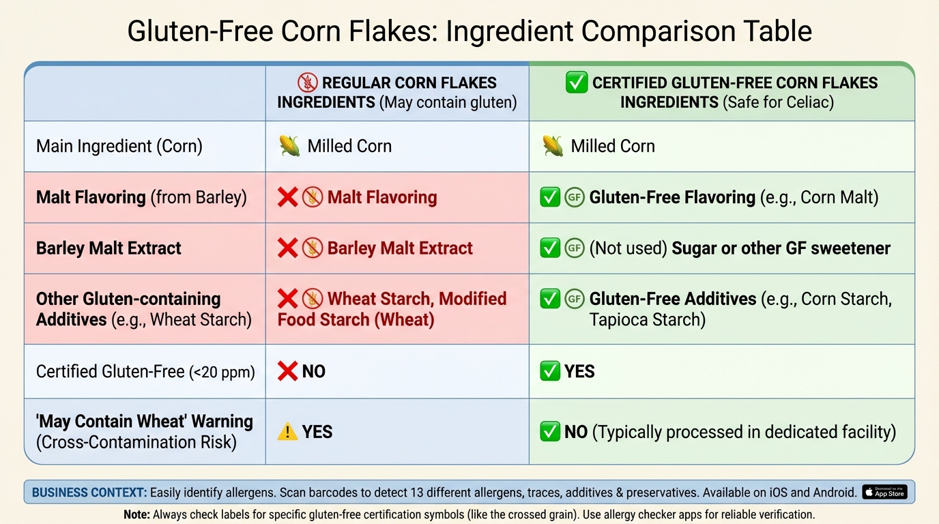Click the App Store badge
884,492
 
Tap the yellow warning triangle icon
287,432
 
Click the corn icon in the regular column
289,146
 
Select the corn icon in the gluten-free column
553,146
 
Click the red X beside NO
287,371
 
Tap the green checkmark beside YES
549,371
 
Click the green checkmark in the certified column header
577,83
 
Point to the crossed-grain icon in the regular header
308,83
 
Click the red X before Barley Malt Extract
287,248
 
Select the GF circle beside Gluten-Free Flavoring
575,197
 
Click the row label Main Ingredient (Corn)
119,146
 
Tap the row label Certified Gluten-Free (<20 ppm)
145,371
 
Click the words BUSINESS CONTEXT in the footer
89,492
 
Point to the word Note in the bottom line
136,514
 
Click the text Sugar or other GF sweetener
781,248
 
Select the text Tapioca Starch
647,319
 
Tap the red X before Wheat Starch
287,299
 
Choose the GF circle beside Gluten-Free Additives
575,299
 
